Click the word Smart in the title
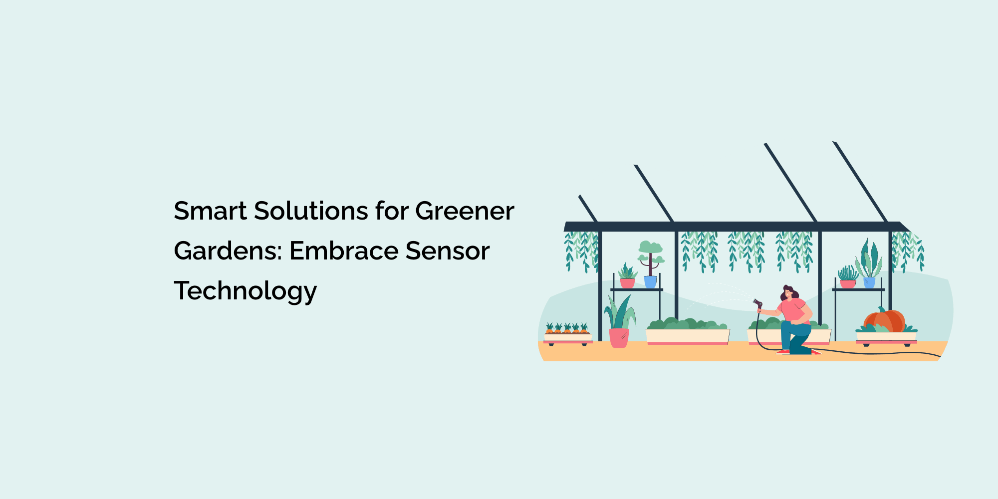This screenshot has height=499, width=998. point(210,211)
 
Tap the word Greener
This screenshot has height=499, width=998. point(464,211)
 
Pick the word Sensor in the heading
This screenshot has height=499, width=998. point(447,251)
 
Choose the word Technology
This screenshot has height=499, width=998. point(245,291)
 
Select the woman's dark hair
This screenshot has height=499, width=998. point(791,292)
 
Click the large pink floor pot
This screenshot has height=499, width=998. point(619,338)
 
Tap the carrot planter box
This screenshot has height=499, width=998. point(567,338)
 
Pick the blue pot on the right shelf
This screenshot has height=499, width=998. point(869,282)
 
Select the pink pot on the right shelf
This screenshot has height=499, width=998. point(847,284)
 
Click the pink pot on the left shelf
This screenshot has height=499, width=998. point(627,283)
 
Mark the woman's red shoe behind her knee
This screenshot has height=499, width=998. point(783,352)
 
